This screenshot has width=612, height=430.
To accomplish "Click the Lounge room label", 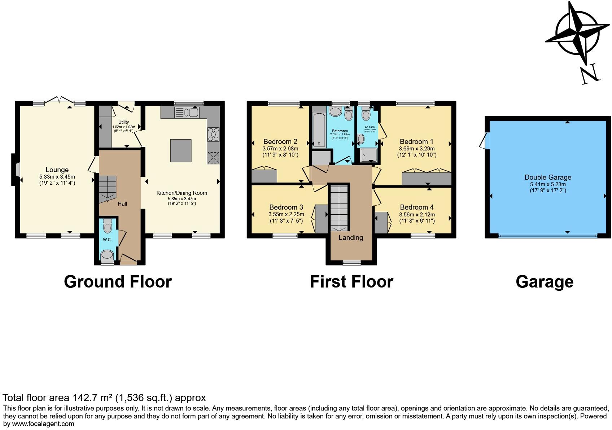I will click(57, 170).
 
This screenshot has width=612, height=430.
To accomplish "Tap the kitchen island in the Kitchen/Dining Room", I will click(180, 150).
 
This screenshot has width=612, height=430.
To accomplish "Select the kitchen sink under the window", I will click(186, 113).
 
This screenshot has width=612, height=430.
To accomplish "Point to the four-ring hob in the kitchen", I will click(213, 134).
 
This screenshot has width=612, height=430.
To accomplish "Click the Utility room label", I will click(123, 122).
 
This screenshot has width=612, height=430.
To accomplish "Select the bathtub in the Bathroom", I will click(319, 130).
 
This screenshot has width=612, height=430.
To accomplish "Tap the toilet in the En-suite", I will click(366, 114).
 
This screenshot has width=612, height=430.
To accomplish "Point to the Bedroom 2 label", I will click(280, 141).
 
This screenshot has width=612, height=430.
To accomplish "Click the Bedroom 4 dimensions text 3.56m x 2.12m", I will click(417, 215).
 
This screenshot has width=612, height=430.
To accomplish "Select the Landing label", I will click(350, 238).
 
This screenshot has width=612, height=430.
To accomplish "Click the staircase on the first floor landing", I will click(339, 207).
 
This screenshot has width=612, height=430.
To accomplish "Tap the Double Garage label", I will click(547, 177).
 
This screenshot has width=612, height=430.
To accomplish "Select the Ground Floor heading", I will click(118, 282).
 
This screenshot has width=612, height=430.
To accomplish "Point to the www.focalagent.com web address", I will click(43, 424).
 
